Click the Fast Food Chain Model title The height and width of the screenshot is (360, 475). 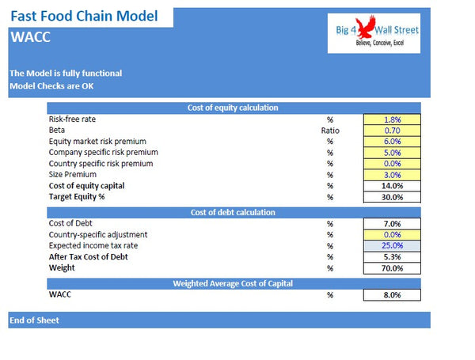tap(84, 15)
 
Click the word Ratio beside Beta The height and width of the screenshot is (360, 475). tap(330, 131)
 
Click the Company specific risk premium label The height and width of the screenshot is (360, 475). tap(103, 152)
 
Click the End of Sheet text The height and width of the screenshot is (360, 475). tap(34, 320)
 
